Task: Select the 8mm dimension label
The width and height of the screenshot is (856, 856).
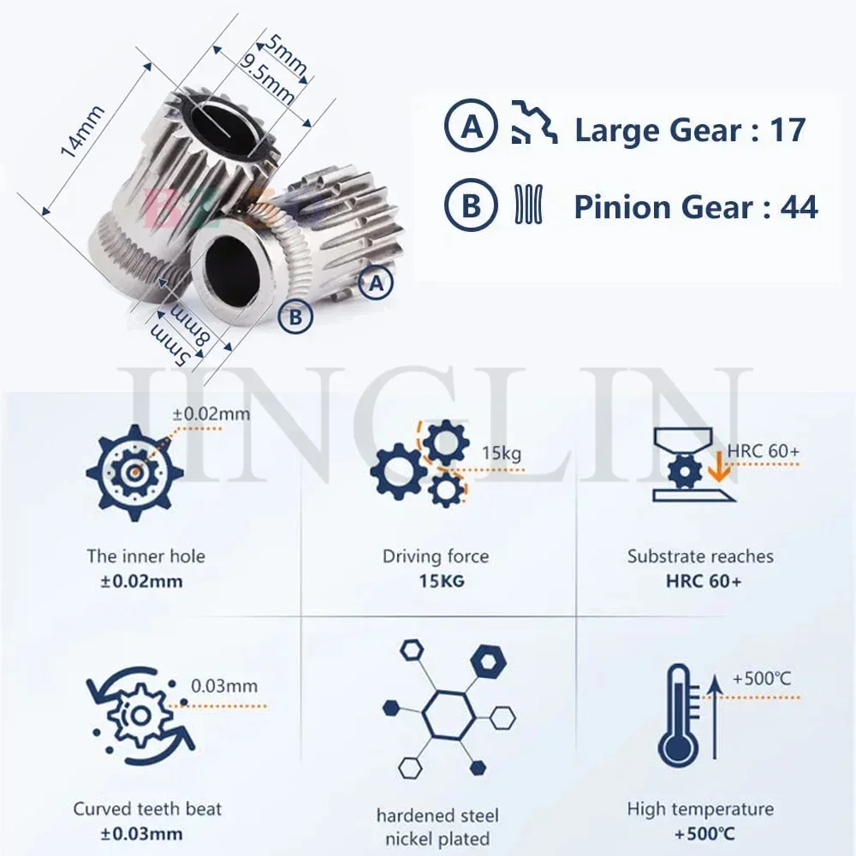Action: [198, 328]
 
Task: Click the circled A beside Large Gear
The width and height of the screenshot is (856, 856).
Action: [470, 129]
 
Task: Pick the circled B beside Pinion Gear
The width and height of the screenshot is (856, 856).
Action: [470, 206]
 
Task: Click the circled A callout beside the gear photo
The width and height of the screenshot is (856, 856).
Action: [375, 283]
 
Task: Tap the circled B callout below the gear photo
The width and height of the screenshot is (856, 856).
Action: [295, 317]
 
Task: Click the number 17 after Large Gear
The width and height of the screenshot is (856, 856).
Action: [788, 130]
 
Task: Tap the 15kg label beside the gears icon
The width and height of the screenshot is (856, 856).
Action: [501, 454]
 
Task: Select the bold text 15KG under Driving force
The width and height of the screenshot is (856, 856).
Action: [437, 581]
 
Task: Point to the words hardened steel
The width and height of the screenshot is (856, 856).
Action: [437, 815]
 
